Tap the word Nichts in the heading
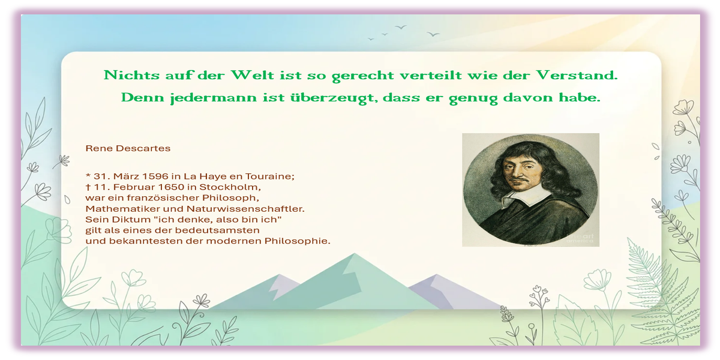pos(131,75)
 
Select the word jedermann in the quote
pos(214,98)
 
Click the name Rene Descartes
pos(128,148)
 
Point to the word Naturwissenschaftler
pos(245,209)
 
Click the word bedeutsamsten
pos(217,230)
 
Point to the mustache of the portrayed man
pos(520,181)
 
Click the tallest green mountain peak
pos(355,254)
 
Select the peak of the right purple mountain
pos(436,275)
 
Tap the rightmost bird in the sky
pos(433,34)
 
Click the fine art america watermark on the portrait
pos(580,239)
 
